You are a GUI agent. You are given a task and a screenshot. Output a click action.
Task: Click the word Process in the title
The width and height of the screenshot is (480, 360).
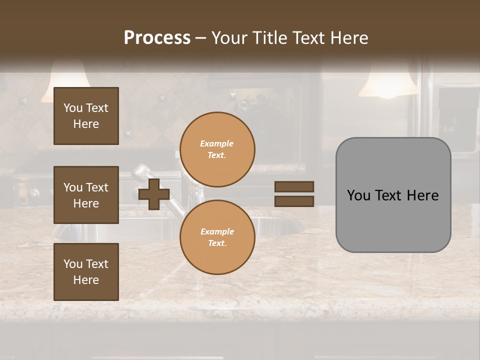click(x=157, y=37)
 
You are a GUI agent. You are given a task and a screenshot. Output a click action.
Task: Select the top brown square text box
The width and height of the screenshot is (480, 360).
click(x=86, y=116)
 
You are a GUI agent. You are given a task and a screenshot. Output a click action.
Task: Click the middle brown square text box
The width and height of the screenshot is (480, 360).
click(x=86, y=195)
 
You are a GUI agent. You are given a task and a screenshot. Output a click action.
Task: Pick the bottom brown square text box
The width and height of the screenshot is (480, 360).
click(x=86, y=271)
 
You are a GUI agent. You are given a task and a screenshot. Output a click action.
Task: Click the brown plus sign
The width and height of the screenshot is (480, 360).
click(x=154, y=194)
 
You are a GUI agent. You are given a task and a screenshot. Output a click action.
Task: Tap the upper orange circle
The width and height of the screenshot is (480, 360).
click(x=217, y=149)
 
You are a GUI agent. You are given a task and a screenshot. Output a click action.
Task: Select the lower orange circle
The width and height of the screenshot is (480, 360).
click(x=217, y=237)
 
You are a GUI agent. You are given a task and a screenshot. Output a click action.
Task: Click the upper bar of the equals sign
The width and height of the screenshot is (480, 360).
click(x=294, y=186)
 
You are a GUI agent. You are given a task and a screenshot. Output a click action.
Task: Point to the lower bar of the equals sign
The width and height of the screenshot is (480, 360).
click(x=294, y=201)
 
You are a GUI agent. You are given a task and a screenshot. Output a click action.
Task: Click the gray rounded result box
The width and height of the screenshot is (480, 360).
click(x=393, y=195)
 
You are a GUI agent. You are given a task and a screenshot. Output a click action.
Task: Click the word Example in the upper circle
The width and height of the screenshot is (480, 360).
click(x=217, y=143)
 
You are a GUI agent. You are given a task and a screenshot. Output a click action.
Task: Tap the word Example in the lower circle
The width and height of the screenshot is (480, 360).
click(x=217, y=231)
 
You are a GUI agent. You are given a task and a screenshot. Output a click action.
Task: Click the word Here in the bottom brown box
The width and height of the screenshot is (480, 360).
click(x=86, y=280)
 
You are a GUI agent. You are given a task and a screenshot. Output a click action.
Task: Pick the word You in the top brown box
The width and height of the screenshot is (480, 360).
click(x=73, y=108)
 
